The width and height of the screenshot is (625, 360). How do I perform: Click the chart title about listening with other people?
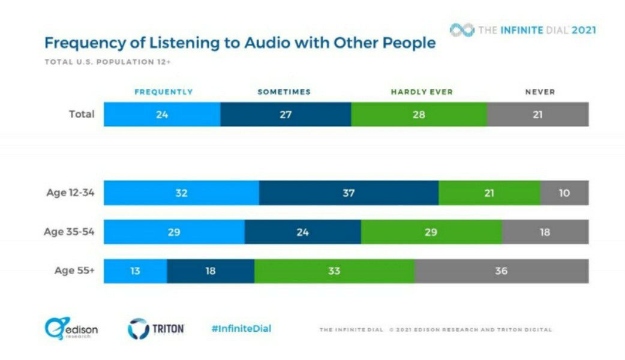click(240, 44)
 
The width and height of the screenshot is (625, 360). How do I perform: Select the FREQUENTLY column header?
click(163, 92)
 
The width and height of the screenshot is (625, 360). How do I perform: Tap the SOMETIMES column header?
click(284, 92)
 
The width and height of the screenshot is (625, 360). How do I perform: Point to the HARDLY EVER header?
click(422, 92)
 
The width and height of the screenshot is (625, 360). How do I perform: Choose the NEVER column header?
click(540, 92)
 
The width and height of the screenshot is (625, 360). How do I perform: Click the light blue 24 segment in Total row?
click(162, 115)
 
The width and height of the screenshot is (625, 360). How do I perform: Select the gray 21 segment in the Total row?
click(537, 115)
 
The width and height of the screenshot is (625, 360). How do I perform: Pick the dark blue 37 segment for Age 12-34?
click(348, 193)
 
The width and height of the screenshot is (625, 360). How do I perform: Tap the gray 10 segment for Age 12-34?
click(564, 193)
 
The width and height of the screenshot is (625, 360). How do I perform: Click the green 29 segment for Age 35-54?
click(431, 232)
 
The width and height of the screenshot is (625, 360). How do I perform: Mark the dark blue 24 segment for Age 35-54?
click(303, 232)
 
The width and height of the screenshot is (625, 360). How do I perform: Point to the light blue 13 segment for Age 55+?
click(135, 271)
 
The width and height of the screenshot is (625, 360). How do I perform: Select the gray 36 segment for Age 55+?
click(501, 271)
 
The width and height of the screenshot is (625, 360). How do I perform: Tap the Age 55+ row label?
click(74, 271)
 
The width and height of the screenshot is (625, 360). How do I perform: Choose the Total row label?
click(82, 114)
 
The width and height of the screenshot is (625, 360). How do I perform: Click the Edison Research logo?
click(71, 329)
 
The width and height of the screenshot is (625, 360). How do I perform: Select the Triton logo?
click(155, 329)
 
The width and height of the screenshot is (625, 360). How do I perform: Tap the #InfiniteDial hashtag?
click(241, 328)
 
